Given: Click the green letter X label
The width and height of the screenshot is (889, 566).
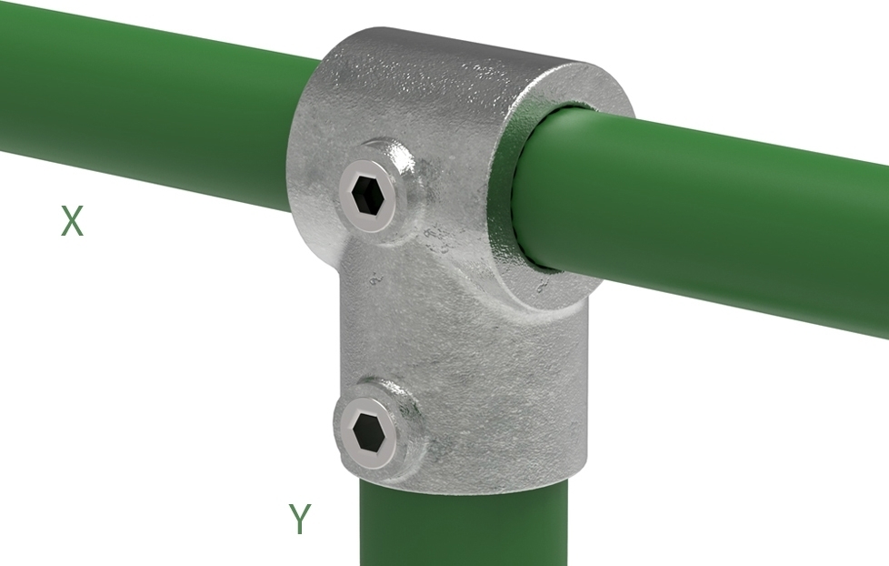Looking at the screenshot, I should click(72, 221).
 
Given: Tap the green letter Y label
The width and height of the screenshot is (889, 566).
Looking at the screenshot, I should click(300, 519).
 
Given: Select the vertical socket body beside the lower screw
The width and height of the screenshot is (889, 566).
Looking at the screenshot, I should click(509, 400).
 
